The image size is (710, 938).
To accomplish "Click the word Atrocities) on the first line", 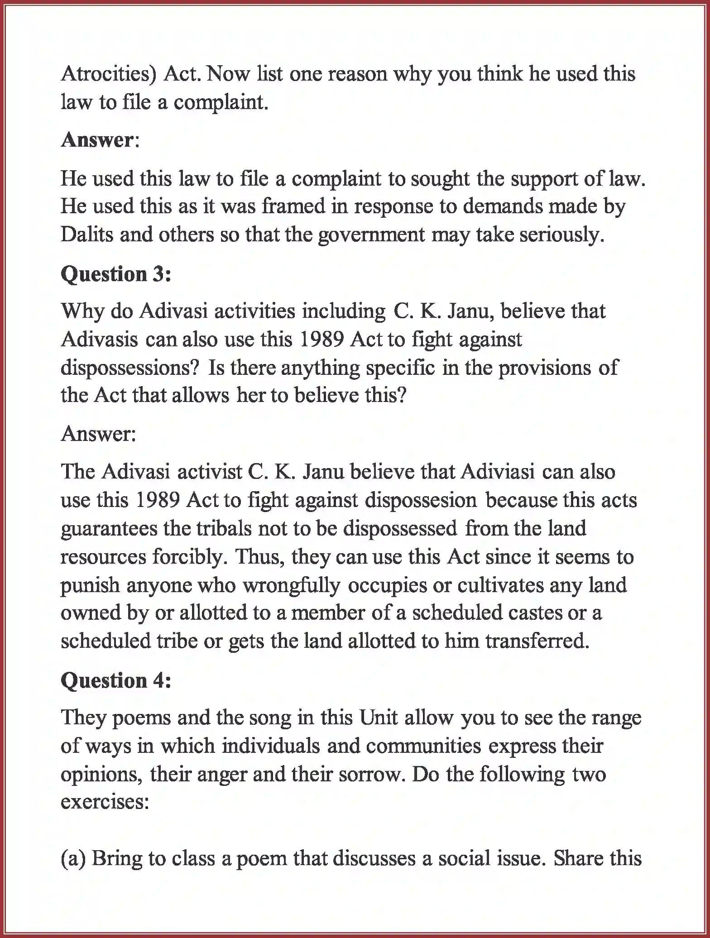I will click(x=108, y=74).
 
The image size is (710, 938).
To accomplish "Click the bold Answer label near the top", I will click(x=96, y=140).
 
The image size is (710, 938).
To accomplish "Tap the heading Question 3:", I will click(x=116, y=274).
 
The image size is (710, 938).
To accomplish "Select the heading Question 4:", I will click(x=116, y=680).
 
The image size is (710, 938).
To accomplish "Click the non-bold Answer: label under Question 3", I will click(x=98, y=434).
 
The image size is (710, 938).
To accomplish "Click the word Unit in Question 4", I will click(x=379, y=718).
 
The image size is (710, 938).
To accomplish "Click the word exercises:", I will click(x=105, y=802).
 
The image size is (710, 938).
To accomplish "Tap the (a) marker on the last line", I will click(x=73, y=859).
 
